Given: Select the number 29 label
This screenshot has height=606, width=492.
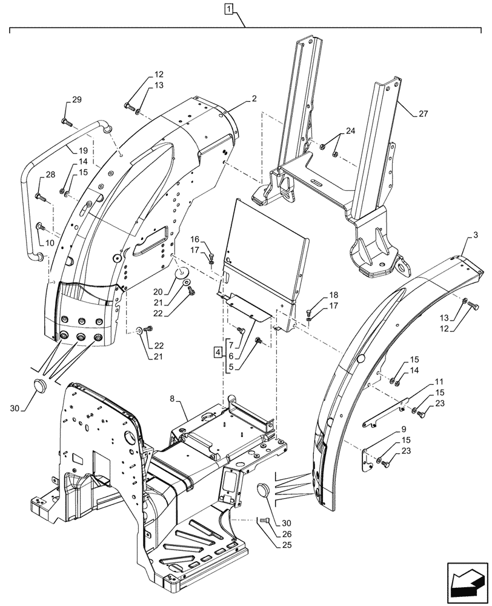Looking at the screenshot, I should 76,99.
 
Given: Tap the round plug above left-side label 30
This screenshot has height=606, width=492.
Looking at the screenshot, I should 41,385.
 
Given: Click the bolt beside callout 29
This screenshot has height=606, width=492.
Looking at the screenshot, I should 66,122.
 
